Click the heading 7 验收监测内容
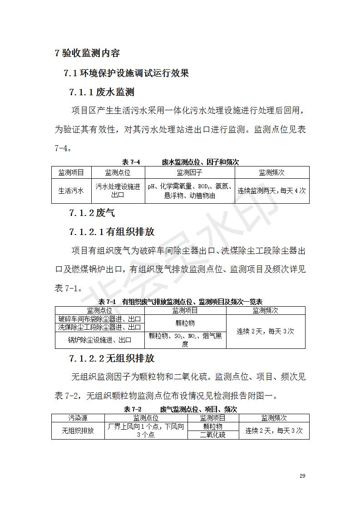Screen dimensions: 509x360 [87, 53]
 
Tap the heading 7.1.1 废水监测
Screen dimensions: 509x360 [102, 93]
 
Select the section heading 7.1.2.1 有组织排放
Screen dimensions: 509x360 [112, 232]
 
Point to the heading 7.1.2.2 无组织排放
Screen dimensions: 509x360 [112, 358]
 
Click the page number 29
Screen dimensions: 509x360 [303, 476]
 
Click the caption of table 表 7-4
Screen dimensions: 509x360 [180, 162]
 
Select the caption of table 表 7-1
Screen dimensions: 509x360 [180, 302]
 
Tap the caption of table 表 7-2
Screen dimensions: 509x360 [180, 409]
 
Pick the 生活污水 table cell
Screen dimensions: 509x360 [71, 191]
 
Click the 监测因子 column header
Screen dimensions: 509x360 [190, 173]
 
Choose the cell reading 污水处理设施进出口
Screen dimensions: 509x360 [118, 191]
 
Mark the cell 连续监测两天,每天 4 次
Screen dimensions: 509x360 [272, 191]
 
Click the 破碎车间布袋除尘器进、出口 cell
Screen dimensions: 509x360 [99, 319]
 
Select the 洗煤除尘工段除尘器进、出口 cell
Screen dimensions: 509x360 [99, 327]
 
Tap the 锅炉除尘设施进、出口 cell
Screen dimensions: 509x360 [99, 340]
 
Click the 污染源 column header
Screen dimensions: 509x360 [78, 418]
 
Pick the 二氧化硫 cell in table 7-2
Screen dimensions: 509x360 [213, 435]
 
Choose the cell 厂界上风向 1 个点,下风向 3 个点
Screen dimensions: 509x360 [146, 431]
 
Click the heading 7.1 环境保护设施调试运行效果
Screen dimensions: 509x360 [126, 73]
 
